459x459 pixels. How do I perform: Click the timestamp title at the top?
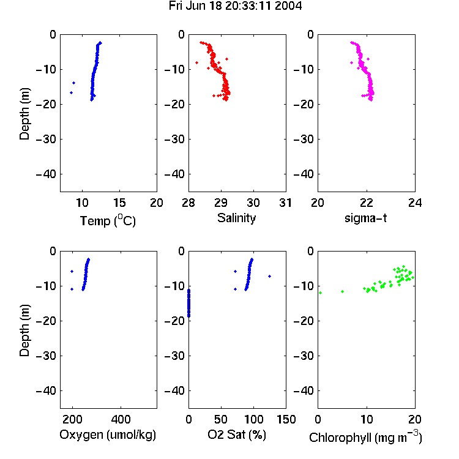235,6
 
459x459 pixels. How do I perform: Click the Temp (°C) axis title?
108,221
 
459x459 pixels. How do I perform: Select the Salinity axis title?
236,218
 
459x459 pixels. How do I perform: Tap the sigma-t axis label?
365,218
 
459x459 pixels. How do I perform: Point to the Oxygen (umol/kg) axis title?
108,435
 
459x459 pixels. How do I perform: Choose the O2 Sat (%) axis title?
237,435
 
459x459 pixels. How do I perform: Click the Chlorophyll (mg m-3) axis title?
365,437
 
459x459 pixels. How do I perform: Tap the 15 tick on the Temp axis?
119,203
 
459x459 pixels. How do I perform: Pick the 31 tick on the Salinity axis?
285,203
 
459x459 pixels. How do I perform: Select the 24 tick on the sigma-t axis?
415,203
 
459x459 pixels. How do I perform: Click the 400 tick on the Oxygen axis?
121,419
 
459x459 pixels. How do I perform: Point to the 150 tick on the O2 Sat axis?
286,419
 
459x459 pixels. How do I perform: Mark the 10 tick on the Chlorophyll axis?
366,419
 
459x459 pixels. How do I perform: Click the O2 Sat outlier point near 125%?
270,277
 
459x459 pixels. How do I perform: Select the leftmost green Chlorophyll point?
321,293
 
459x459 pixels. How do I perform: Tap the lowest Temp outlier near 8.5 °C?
71,93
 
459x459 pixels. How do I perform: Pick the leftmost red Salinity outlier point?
196,62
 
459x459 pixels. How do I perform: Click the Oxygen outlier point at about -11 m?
72,289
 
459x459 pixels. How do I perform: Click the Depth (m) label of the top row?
24,114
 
